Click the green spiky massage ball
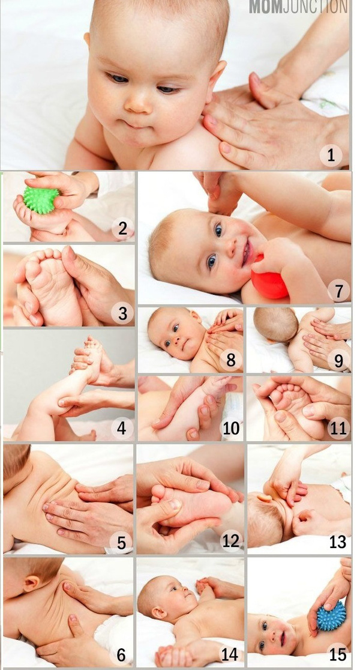(x=41, y=199)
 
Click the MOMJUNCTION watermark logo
(x=299, y=7)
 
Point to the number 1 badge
(x=331, y=155)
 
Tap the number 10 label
(x=231, y=429)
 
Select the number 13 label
(x=338, y=541)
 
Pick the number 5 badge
(x=121, y=542)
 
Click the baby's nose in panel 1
(x=139, y=103)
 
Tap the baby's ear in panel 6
(x=32, y=582)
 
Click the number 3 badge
(x=122, y=313)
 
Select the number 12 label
(x=230, y=541)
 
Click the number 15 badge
(x=338, y=654)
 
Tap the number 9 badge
(x=338, y=361)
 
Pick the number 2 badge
(x=122, y=229)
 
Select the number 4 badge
(x=122, y=429)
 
